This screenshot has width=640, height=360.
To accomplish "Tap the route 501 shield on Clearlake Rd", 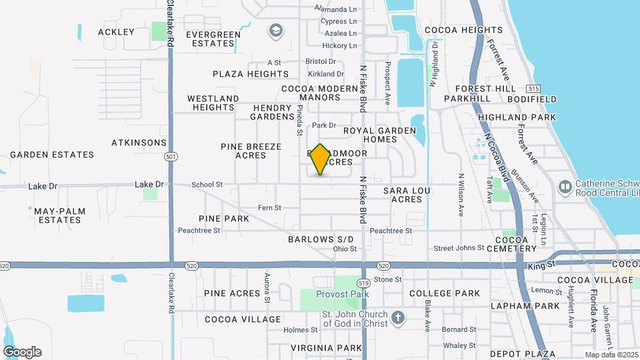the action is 171,157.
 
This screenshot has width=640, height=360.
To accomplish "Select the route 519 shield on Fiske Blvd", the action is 363,282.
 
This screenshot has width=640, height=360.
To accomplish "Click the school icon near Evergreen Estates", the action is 275,30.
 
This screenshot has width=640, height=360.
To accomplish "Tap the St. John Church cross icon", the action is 397,317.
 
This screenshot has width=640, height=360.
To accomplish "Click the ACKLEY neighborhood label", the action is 116,32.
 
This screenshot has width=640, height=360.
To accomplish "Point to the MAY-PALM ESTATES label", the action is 60,215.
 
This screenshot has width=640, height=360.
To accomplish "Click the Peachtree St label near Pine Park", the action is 199,231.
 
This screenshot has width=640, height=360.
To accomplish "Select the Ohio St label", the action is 345,249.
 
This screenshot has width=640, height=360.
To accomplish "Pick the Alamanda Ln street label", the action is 336,9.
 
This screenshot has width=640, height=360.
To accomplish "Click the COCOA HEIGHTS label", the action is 463,30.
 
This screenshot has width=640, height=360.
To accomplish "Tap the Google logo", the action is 22,352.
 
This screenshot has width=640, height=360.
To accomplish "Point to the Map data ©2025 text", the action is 610,355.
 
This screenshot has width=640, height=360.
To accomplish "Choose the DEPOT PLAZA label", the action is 518,354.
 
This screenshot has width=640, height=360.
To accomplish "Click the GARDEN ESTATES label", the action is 52,155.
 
